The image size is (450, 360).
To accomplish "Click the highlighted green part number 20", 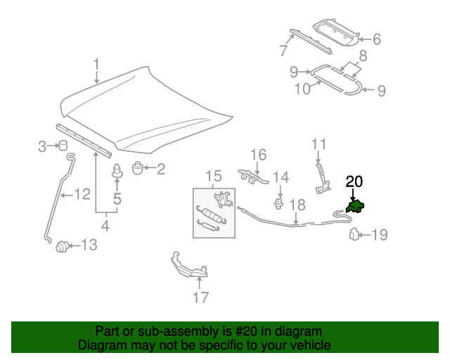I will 356,207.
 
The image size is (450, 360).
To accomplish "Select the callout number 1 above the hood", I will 96,67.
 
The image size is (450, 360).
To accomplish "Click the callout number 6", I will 376,40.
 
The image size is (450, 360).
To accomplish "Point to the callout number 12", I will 82,194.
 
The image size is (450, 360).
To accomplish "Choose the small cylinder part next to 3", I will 63,146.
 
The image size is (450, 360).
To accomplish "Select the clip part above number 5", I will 117,172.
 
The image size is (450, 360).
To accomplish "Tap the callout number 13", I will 89,245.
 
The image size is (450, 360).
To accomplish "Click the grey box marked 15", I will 213,211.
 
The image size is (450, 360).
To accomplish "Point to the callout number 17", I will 200,297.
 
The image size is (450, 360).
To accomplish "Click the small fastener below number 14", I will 279,204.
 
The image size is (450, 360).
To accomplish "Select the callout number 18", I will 297,205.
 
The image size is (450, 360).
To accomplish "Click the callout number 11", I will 319,145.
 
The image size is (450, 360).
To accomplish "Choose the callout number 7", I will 283,50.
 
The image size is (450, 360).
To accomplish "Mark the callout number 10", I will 302,89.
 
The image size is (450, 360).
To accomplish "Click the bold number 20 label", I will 354,181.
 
